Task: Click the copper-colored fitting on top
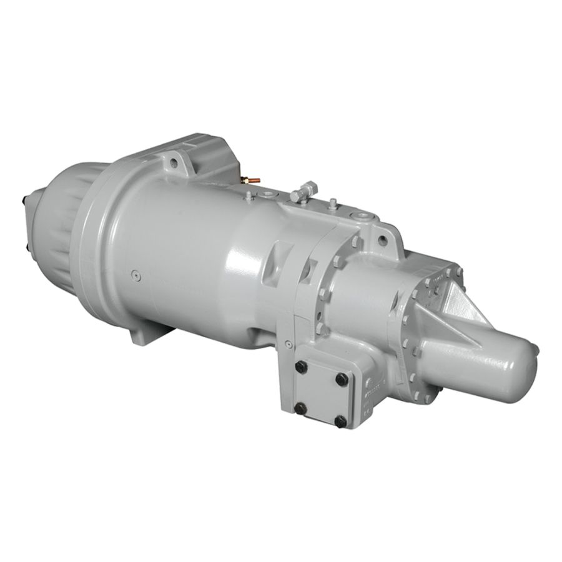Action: tap(250, 180)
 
